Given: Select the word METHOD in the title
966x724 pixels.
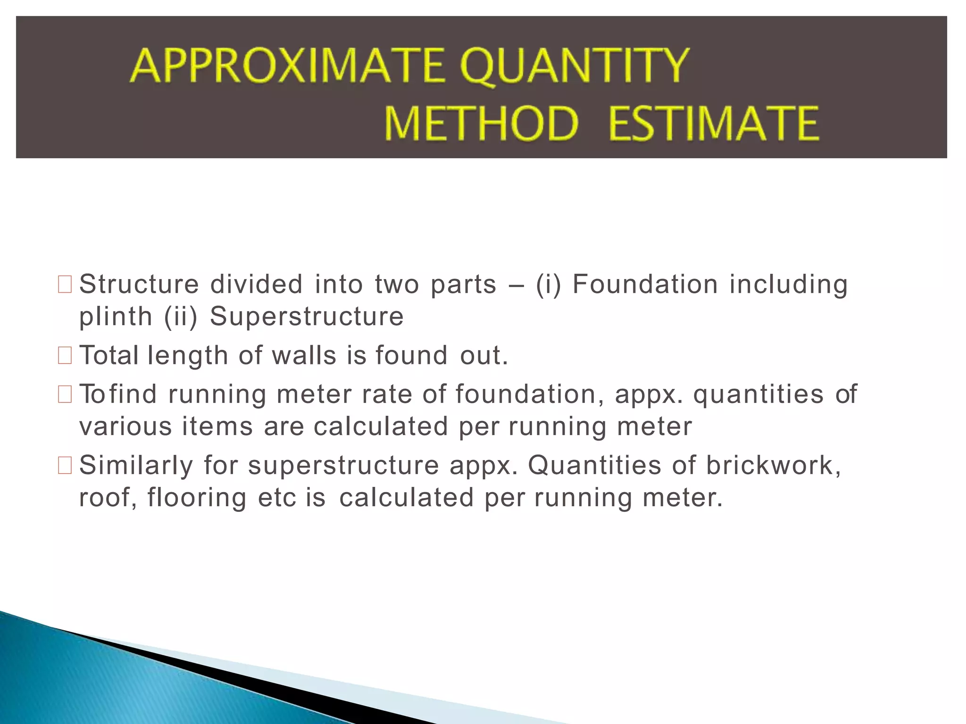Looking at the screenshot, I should pyautogui.click(x=482, y=123).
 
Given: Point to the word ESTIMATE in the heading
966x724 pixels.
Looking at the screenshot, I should pyautogui.click(x=713, y=123).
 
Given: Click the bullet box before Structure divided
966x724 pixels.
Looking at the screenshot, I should pyautogui.click(x=65, y=285).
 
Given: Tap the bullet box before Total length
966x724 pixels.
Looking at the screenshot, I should pyautogui.click(x=65, y=355).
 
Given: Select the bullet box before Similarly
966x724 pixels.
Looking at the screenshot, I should pyautogui.click(x=65, y=465).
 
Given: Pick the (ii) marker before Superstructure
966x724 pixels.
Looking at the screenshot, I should pyautogui.click(x=181, y=317).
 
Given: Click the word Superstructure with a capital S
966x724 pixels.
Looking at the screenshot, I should pyautogui.click(x=307, y=317).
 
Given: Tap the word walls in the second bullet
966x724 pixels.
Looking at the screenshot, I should pyautogui.click(x=304, y=355).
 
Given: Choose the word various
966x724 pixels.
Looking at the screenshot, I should pyautogui.click(x=125, y=427).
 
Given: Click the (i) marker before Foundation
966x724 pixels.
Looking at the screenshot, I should pyautogui.click(x=549, y=285).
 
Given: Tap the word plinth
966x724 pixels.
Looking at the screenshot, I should pyautogui.click(x=116, y=317).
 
